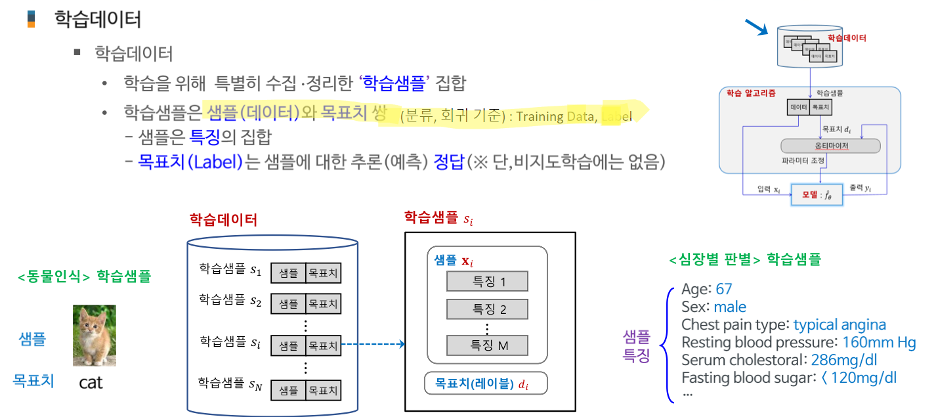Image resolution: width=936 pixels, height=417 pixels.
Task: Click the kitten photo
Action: [94, 335]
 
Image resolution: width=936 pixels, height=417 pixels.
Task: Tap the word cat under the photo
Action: [91, 382]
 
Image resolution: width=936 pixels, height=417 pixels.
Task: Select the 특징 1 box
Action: [487, 281]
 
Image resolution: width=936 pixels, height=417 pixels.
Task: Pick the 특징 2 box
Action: [487, 309]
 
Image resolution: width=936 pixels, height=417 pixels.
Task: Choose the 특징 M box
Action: [487, 345]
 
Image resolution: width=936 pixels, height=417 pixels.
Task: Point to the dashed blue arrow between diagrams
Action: [372, 343]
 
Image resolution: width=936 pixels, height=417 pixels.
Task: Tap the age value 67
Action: [723, 290]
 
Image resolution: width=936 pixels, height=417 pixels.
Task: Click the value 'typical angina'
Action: [840, 324]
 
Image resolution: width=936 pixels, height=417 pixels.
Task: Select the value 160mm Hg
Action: [879, 342]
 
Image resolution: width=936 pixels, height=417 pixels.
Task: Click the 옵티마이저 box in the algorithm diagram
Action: [830, 145]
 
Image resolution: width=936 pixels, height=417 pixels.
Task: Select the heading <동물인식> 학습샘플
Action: [84, 276]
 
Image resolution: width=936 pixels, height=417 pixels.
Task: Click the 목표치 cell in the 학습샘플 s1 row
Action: [323, 273]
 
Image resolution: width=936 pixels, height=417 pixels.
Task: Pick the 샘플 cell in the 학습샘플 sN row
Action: [288, 391]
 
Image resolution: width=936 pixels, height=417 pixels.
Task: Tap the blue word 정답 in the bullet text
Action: [448, 162]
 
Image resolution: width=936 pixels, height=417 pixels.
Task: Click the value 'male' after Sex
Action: [730, 307]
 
